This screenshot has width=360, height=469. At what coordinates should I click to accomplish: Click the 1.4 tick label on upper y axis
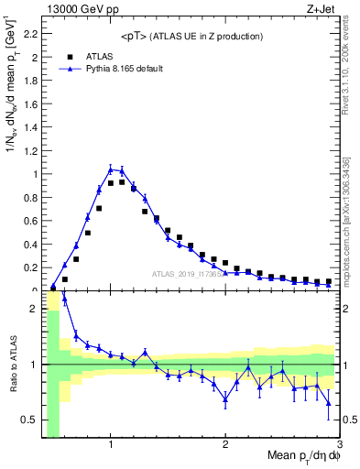28,127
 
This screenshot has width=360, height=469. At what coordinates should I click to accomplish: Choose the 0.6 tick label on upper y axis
28,221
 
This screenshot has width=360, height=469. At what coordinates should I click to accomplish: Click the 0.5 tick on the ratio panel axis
28,420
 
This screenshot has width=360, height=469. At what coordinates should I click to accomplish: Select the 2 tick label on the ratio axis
32,309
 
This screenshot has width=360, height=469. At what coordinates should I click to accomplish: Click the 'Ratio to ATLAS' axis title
10,365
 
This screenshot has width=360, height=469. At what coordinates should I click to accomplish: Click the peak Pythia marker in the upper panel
111,169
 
